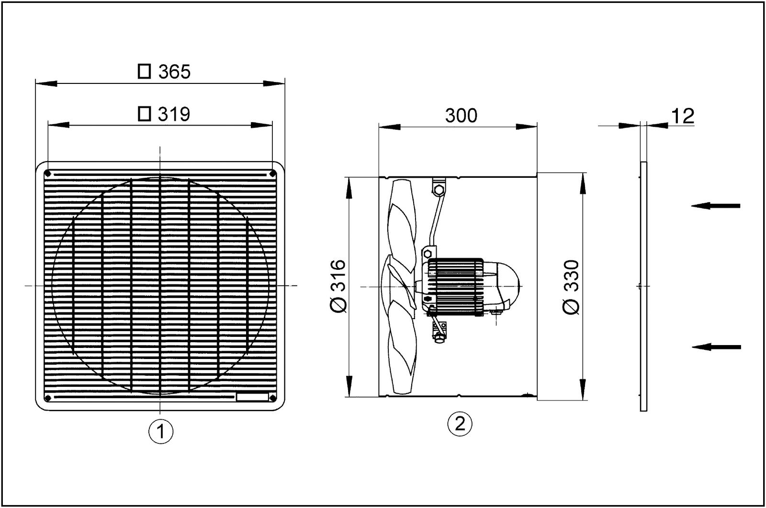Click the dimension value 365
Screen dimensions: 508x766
(175, 72)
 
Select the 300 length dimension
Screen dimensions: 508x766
(461, 115)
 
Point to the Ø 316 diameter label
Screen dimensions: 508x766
(338, 287)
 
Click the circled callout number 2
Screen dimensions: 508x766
(459, 423)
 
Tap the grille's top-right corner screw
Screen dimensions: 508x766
(272, 173)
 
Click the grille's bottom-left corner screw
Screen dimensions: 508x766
(47, 398)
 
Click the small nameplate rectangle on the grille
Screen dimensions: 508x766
(252, 396)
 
